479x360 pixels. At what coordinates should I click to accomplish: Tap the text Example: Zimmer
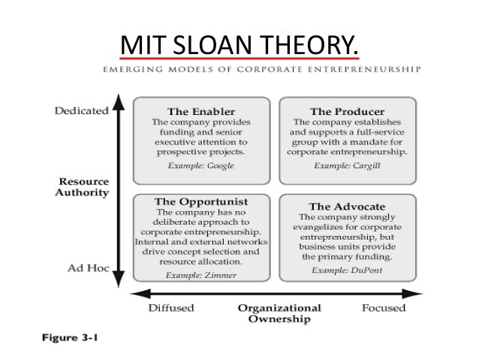pos(199,276)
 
